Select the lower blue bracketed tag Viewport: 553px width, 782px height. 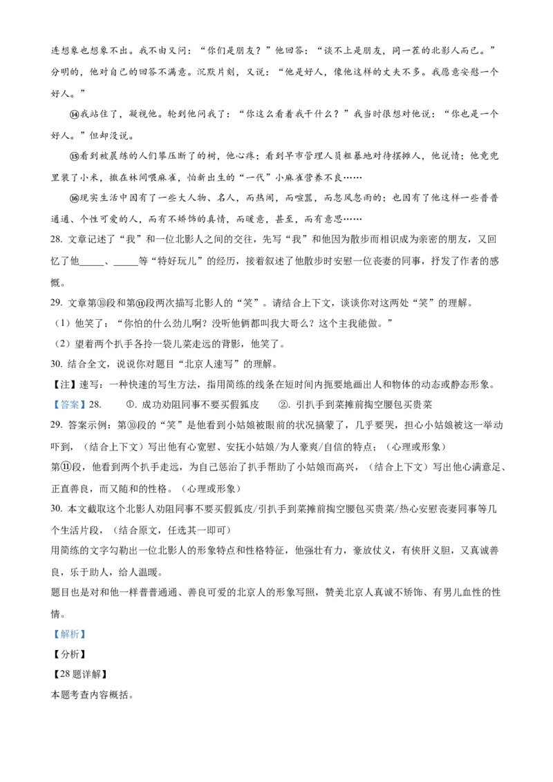69,633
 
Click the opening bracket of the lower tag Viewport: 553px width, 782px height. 56,633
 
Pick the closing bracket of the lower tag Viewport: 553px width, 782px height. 84,633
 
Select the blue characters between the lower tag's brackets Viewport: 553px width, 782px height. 70,633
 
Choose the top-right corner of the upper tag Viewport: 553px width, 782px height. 88,399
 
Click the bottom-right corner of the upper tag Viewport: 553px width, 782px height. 88,413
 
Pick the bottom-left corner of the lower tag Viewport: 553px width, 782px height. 50,640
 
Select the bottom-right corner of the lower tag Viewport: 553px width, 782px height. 88,640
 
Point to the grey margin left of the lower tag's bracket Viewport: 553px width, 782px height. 52,633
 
